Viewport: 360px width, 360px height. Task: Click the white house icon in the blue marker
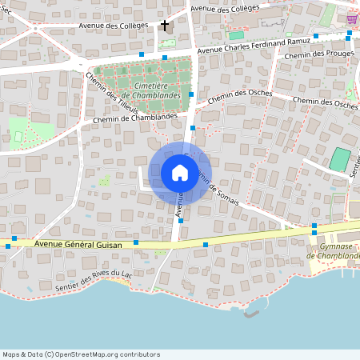click(179, 173)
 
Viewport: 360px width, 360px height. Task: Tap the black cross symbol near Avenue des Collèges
click(166, 26)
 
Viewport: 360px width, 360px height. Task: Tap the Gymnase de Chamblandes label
click(335, 251)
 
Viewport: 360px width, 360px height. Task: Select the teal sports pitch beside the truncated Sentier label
click(340, 158)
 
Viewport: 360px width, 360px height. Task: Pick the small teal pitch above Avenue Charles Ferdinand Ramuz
click(236, 35)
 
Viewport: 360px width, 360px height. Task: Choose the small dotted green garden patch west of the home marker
click(104, 182)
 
